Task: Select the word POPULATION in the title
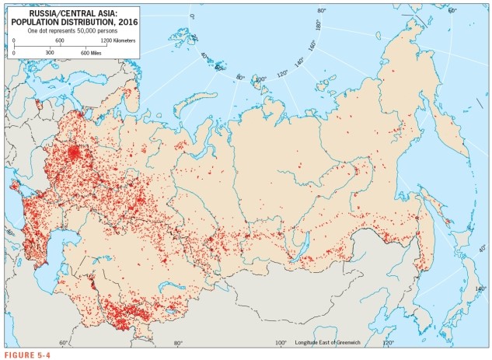(x=46, y=22)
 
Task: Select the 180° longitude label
(x=317, y=26)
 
